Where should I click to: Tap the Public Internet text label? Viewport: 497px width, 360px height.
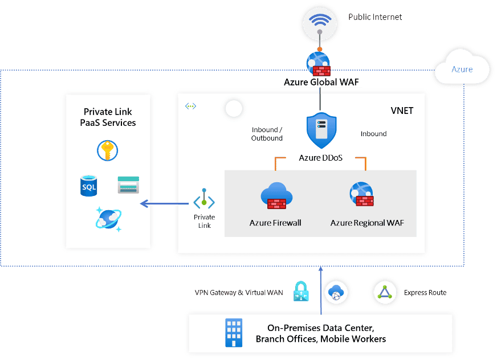[375, 17]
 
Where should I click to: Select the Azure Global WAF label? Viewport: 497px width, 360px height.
[323, 82]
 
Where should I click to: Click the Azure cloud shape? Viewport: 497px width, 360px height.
[462, 68]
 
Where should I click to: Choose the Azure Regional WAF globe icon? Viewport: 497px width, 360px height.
[361, 194]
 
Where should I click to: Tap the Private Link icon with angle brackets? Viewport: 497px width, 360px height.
[204, 201]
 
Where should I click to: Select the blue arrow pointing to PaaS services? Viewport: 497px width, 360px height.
[165, 204]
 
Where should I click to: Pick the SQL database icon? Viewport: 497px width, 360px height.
[89, 186]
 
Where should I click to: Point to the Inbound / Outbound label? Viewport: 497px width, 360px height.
[267, 134]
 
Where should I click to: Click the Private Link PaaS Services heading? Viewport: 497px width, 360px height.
[108, 117]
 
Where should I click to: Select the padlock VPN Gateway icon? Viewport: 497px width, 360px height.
[300, 292]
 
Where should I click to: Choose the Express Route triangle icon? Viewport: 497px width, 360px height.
[382, 292]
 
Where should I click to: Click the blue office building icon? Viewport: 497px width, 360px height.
[233, 333]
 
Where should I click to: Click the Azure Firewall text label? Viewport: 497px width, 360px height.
[275, 223]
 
